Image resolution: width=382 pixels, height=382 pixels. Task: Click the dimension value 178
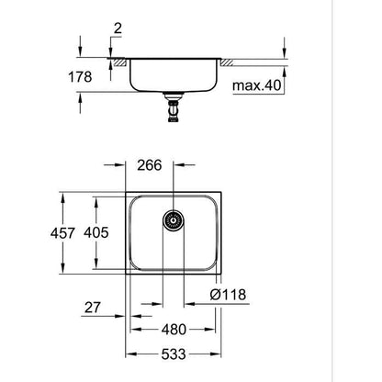tap(82, 78)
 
